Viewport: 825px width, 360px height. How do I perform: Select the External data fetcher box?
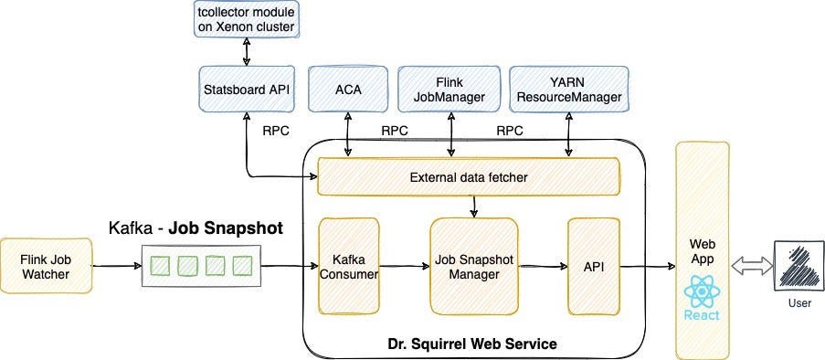point(467,175)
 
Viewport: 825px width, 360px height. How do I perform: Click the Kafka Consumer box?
point(348,264)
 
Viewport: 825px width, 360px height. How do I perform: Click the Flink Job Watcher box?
point(44,266)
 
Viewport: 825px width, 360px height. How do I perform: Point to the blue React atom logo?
point(700,294)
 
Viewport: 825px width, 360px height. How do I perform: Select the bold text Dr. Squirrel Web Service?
point(472,344)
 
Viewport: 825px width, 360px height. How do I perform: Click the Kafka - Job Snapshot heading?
point(195,228)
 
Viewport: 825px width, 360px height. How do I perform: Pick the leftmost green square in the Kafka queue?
point(160,266)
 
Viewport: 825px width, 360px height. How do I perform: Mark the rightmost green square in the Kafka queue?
point(241,266)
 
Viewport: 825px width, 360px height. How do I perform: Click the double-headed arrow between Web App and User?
point(747,266)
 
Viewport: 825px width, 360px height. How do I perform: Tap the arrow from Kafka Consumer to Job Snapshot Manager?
point(404,267)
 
